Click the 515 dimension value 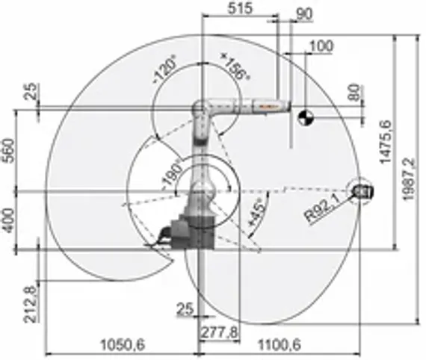pyautogui.click(x=241, y=8)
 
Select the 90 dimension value pyautogui.click(x=304, y=13)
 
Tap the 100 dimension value pyautogui.click(x=321, y=46)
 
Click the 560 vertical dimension pyautogui.click(x=10, y=152)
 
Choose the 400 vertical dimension pyautogui.click(x=10, y=221)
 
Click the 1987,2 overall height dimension pyautogui.click(x=408, y=179)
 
